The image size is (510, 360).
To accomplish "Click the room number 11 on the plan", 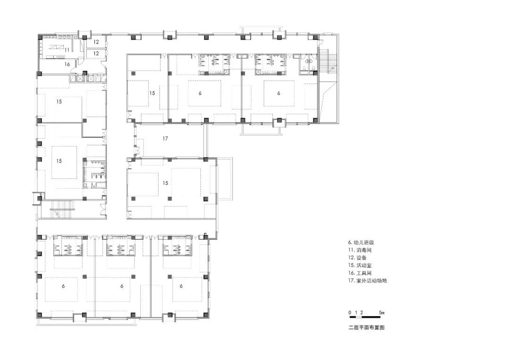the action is point(67,50).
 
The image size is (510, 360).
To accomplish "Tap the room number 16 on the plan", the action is point(68,64).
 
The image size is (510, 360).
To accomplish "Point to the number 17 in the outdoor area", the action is point(165,138).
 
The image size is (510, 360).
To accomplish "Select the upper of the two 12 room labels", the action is point(96,42).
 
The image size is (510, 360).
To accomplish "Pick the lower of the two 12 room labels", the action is point(96,53).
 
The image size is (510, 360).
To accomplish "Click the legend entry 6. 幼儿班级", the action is point(361,243).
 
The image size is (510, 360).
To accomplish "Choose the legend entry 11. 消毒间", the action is point(360,250).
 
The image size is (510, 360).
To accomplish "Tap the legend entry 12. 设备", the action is point(357,258).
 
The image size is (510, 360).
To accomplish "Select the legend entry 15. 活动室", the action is point(360,266).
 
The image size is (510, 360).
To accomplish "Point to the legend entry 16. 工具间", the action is point(360,273).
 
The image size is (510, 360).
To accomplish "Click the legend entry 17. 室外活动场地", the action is point(367,281).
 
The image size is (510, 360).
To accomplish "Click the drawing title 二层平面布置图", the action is point(366,327).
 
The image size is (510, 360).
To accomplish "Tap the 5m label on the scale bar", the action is point(382,312).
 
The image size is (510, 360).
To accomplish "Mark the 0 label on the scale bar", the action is point(350,312).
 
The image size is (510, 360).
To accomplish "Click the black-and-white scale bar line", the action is point(365,317).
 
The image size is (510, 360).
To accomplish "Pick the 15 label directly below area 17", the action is point(165,183).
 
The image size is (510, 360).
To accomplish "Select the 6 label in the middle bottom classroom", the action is point(122,286).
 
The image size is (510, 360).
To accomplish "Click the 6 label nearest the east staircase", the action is point(279,93).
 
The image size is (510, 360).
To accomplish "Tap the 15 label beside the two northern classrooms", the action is point(152,93).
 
